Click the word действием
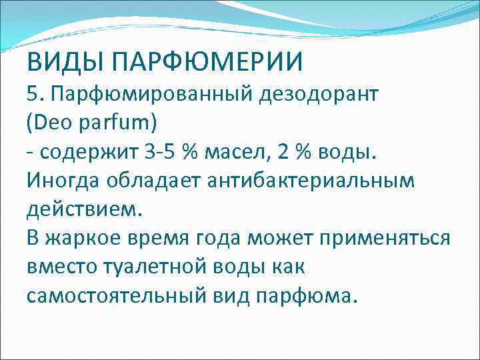(x=84, y=209)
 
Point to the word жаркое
(x=87, y=238)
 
